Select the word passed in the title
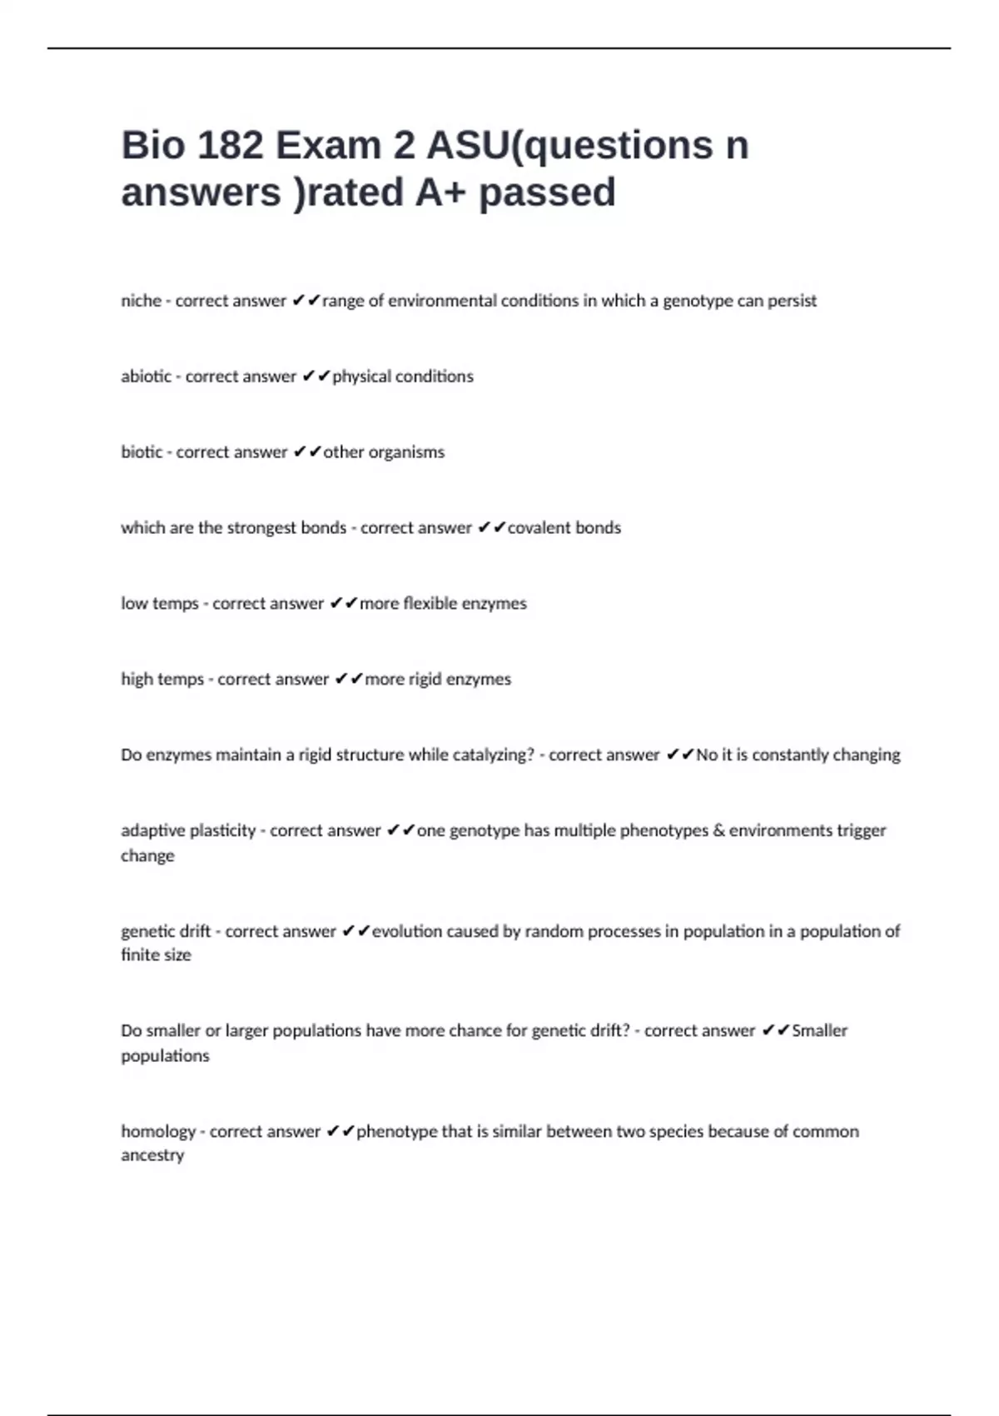(547, 192)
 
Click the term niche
(141, 301)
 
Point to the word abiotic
(146, 376)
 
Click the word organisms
(406, 452)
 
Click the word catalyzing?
(493, 755)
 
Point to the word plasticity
(222, 830)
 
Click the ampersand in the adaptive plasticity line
(719, 830)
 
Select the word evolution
(406, 931)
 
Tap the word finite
(138, 955)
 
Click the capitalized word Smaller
(819, 1031)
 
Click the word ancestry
(152, 1155)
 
